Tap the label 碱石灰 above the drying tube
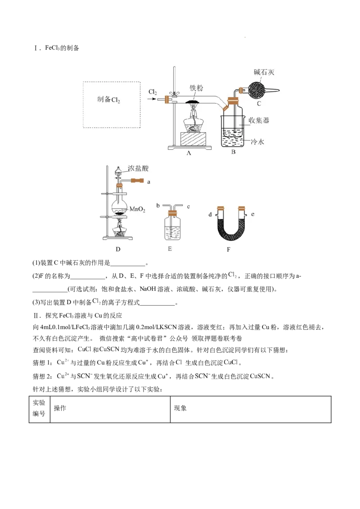coord(264,72)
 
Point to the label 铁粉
coord(196,88)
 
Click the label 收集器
coord(259,121)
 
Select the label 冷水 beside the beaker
coord(257,142)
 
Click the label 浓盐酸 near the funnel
coord(138,168)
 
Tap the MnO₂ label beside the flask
coord(137,209)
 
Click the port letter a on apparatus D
coord(149,182)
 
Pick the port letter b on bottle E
coord(158,205)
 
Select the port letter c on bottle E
coord(189,206)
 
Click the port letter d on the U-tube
coord(210,214)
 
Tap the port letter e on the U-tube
coord(253,214)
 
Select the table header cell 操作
coord(60,408)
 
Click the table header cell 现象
coord(180,408)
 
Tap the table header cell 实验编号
coord(39,408)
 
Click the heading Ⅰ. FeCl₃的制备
coord(57,48)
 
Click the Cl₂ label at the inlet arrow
coord(153,92)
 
